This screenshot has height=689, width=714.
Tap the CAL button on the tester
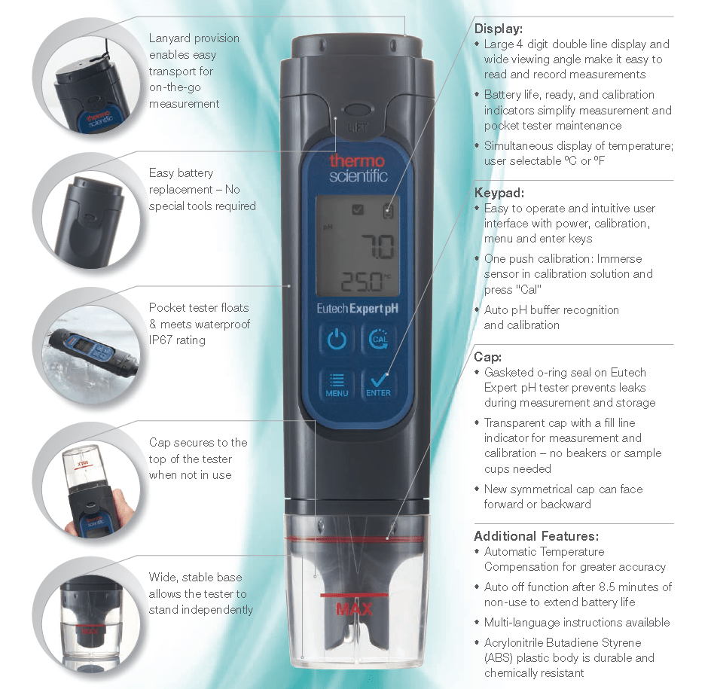click(x=378, y=339)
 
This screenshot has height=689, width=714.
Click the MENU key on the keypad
click(x=337, y=384)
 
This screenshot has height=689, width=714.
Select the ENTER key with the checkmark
click(x=378, y=384)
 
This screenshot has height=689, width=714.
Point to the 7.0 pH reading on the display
click(x=377, y=246)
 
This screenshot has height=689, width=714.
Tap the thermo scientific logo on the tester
click(x=358, y=168)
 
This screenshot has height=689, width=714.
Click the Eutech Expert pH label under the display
click(x=358, y=309)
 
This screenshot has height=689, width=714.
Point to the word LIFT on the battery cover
click(x=358, y=128)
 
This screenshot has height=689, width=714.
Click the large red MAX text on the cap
click(x=354, y=609)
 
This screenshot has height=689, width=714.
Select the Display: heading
click(x=498, y=29)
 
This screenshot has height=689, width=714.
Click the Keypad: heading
click(x=499, y=193)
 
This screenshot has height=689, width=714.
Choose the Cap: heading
click(x=488, y=357)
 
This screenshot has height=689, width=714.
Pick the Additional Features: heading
click(x=536, y=536)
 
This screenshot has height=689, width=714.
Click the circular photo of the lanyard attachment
click(x=87, y=78)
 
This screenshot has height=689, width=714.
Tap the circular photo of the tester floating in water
click(x=87, y=346)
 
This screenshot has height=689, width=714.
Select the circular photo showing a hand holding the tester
click(x=87, y=480)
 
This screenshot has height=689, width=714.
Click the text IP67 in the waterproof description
click(x=163, y=340)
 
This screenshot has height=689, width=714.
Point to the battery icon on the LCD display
click(x=388, y=211)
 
